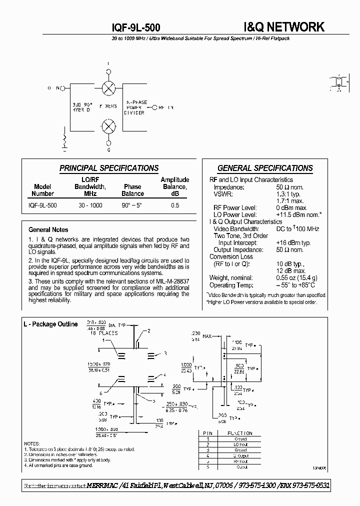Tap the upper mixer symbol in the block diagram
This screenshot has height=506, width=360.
(108, 88)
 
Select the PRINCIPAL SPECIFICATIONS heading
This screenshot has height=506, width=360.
(109, 168)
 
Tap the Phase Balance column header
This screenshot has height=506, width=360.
(133, 190)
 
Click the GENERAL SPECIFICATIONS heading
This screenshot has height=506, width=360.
(265, 168)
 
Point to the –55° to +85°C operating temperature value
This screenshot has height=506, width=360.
(295, 285)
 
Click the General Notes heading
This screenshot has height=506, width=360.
(48, 230)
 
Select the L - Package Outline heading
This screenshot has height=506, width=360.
(50, 324)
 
